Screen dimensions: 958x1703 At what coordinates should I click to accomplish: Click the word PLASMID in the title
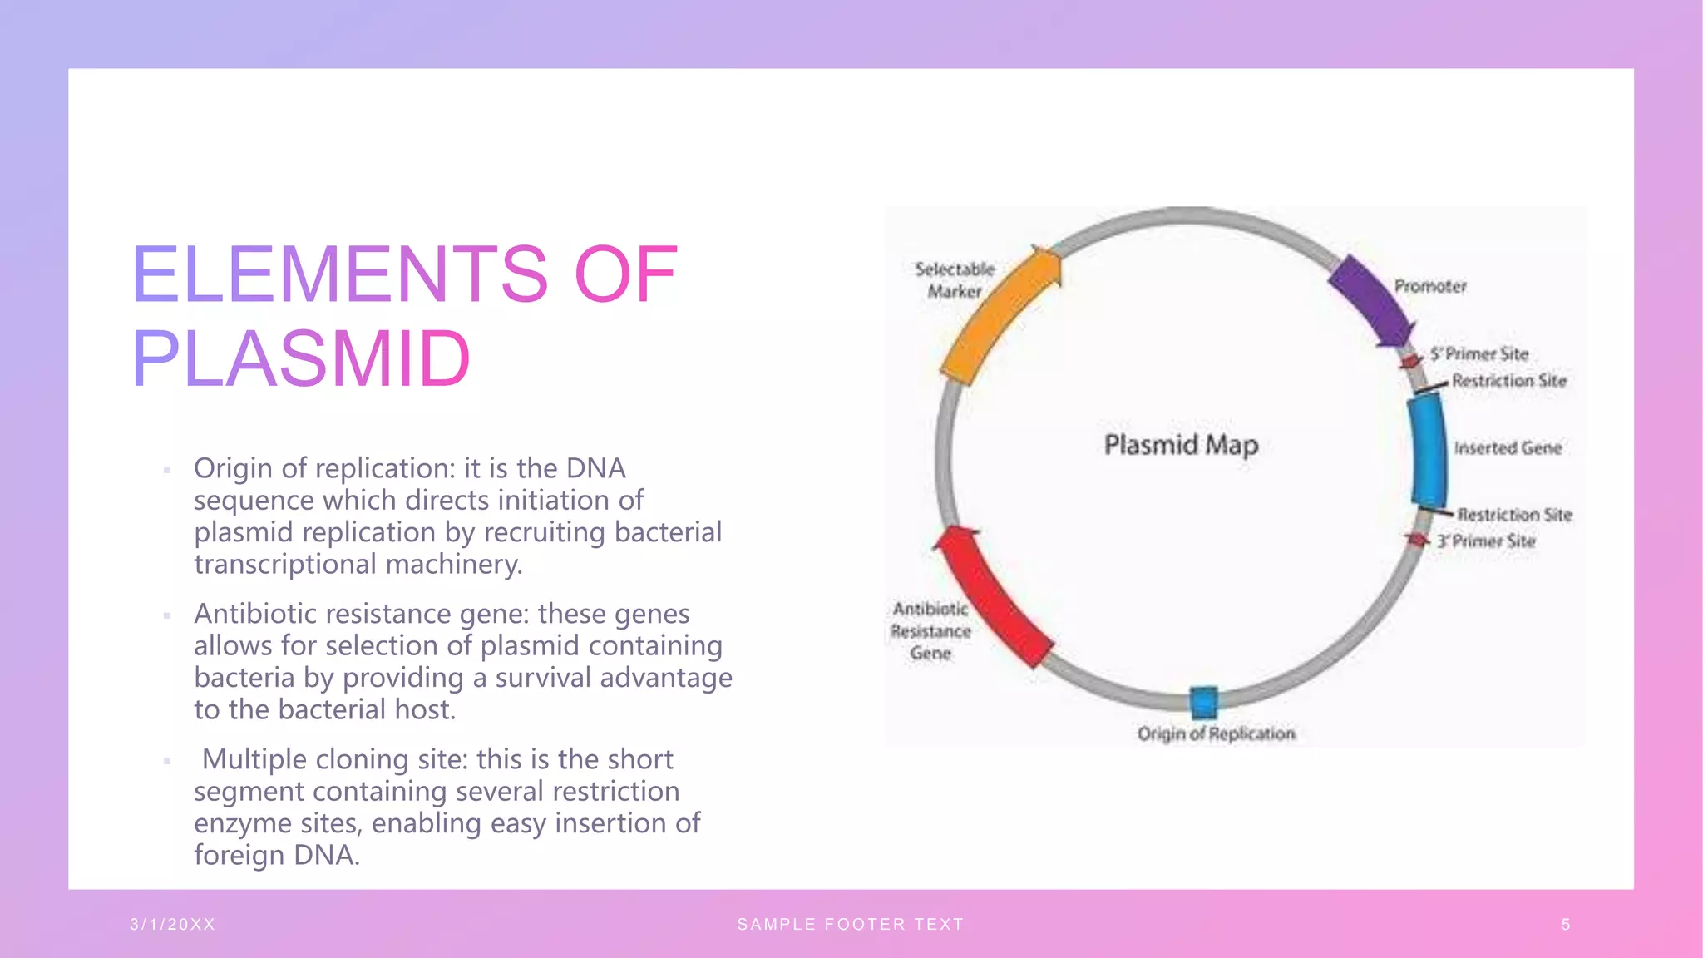[x=301, y=358]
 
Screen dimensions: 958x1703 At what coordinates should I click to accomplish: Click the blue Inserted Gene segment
[x=1429, y=450]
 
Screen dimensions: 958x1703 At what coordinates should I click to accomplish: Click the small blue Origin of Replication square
[x=1203, y=703]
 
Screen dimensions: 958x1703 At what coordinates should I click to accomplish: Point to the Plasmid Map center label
[x=1181, y=445]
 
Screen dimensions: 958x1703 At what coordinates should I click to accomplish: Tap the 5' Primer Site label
[x=1480, y=354]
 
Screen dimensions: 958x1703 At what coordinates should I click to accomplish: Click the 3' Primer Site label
[x=1486, y=541]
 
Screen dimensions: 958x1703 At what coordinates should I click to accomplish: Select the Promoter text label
[x=1430, y=286]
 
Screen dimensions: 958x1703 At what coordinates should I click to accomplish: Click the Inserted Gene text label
[x=1508, y=447]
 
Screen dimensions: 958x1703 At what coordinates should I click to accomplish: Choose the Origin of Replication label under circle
[x=1216, y=733]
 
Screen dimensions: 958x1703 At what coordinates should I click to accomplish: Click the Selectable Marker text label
[x=955, y=280]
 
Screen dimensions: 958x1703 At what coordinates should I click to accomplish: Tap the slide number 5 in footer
[x=1566, y=924]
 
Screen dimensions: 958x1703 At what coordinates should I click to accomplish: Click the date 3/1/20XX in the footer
[x=173, y=924]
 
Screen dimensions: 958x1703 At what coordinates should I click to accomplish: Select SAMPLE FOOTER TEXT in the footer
[x=850, y=924]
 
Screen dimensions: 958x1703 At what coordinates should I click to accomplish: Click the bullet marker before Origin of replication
[x=167, y=470]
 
